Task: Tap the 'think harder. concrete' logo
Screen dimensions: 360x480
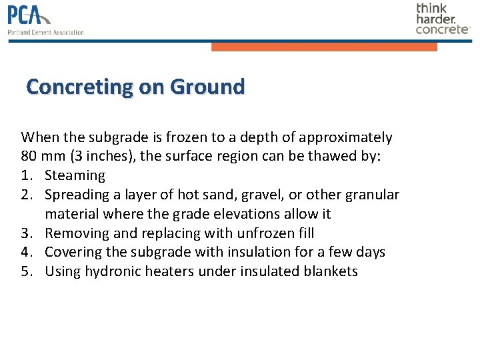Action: coord(443,19)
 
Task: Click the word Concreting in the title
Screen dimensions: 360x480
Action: coord(80,87)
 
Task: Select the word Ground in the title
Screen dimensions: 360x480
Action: coord(207,87)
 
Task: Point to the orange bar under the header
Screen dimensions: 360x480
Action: coord(324,47)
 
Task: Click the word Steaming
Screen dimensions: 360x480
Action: coord(75,176)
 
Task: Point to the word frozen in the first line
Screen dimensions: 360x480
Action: coord(181,138)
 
